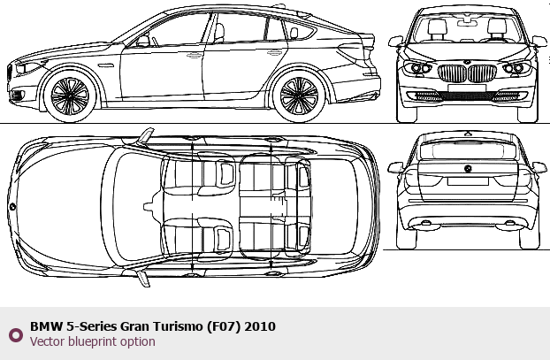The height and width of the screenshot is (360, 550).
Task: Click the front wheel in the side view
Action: pyautogui.click(x=70, y=96)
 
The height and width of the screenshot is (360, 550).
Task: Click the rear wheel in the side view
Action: pyautogui.click(x=299, y=96)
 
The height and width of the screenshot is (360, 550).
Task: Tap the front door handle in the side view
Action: pyautogui.click(x=194, y=56)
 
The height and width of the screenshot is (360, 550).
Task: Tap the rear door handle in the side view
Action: pyautogui.click(x=275, y=53)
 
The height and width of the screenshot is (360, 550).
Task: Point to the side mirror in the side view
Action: pyautogui.click(x=142, y=41)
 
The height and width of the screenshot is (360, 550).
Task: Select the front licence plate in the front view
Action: pyautogui.click(x=467, y=88)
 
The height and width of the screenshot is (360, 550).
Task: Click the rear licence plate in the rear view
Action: pyautogui.click(x=468, y=181)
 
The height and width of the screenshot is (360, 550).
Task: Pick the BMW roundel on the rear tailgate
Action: pyautogui.click(x=468, y=168)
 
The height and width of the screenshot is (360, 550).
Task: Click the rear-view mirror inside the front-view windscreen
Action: pyautogui.click(x=467, y=23)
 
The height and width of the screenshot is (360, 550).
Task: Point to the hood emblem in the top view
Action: pyautogui.click(x=12, y=207)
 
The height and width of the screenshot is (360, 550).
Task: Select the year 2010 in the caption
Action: pyautogui.click(x=260, y=326)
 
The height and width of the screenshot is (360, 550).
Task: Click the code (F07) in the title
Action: pyautogui.click(x=224, y=326)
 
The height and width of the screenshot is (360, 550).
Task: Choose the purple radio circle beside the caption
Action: pyautogui.click(x=16, y=335)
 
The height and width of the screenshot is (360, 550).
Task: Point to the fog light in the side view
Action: pyautogui.click(x=17, y=95)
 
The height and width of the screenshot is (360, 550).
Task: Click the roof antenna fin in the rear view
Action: pyautogui.click(x=468, y=134)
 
